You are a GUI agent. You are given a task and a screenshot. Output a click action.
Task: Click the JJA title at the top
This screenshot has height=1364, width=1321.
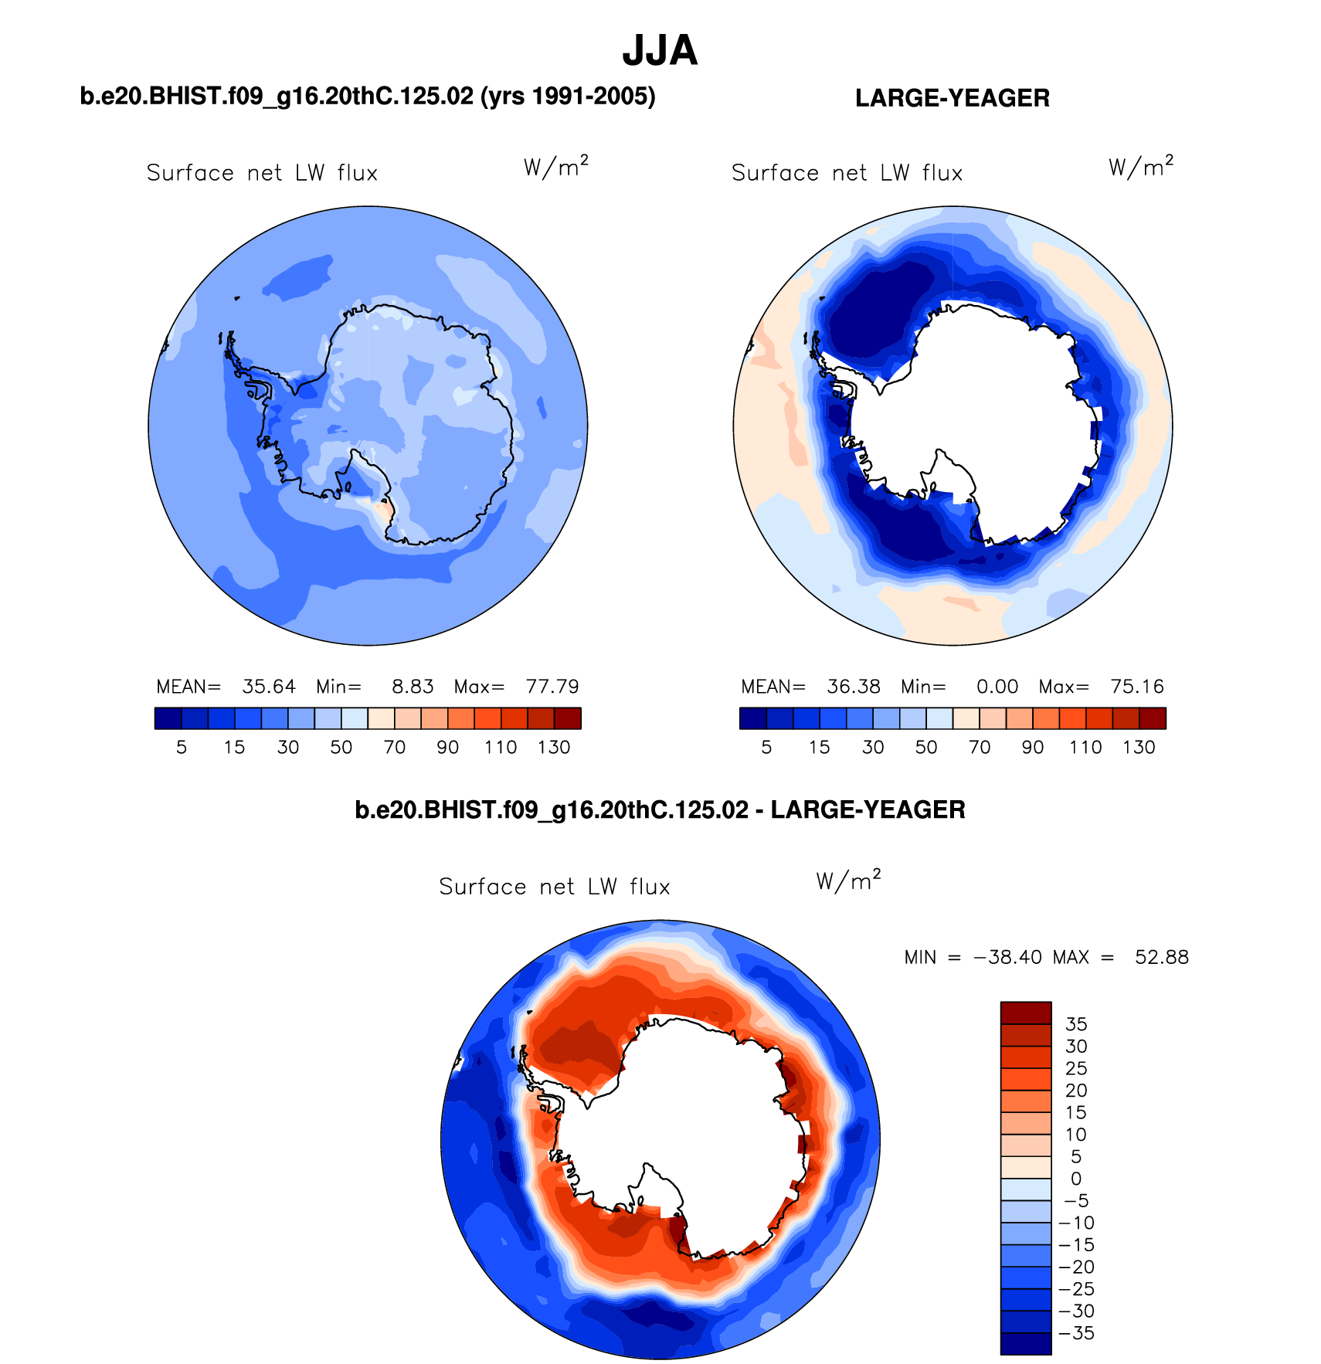(660, 51)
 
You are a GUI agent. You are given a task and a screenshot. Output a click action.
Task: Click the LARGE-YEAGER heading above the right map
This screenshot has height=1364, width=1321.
(952, 98)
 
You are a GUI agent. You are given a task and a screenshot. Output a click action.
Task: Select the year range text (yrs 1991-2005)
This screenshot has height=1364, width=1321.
(568, 96)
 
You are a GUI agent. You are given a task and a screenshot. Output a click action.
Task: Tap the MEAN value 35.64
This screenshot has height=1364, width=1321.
(269, 687)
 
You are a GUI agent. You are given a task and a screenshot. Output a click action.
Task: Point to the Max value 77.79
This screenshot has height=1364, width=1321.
(552, 687)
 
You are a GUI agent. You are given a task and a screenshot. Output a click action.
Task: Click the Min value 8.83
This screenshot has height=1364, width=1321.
(413, 687)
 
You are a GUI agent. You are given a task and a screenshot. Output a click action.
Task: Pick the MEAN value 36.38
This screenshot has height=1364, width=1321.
(854, 687)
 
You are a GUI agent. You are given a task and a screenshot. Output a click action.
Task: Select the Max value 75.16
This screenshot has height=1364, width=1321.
(1137, 687)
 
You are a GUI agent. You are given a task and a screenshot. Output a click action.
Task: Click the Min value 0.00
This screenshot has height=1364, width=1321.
(997, 687)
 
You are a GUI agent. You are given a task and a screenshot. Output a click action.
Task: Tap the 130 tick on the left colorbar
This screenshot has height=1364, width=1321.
(554, 747)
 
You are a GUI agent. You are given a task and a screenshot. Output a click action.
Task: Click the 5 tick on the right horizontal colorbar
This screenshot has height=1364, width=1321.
(766, 747)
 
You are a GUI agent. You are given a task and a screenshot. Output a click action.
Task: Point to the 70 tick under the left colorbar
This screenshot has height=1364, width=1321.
(395, 747)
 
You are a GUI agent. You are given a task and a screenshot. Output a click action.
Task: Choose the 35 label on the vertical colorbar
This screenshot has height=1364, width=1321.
(1076, 1024)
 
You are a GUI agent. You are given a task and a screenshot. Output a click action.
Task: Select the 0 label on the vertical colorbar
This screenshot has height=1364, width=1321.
(1076, 1179)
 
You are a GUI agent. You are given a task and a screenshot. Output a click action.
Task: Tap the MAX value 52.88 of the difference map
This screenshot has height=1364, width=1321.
(1162, 958)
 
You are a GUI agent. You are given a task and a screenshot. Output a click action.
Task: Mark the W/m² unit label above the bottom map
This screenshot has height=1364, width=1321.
(848, 881)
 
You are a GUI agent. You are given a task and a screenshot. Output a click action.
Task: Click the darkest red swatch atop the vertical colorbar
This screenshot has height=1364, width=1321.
(1026, 1013)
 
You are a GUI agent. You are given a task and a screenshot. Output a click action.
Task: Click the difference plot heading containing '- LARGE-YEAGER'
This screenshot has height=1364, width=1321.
(660, 809)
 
